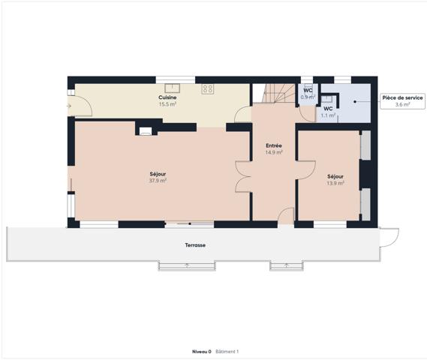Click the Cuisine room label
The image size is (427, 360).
[167, 97]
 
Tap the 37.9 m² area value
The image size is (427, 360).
[158, 180]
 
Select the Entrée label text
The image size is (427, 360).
[273, 145]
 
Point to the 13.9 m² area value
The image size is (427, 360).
[335, 182]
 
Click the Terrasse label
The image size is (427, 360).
[195, 245]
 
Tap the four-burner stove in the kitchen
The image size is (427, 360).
[208, 88]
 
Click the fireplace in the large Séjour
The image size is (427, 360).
[146, 130]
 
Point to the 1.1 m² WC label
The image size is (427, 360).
[328, 112]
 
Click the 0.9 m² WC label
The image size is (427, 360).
[308, 94]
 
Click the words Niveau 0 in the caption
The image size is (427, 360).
[201, 351]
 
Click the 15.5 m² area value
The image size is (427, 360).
[167, 104]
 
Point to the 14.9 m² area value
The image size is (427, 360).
[273, 152]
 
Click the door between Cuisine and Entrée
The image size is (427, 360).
[243, 115]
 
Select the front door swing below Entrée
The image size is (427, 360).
[285, 216]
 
